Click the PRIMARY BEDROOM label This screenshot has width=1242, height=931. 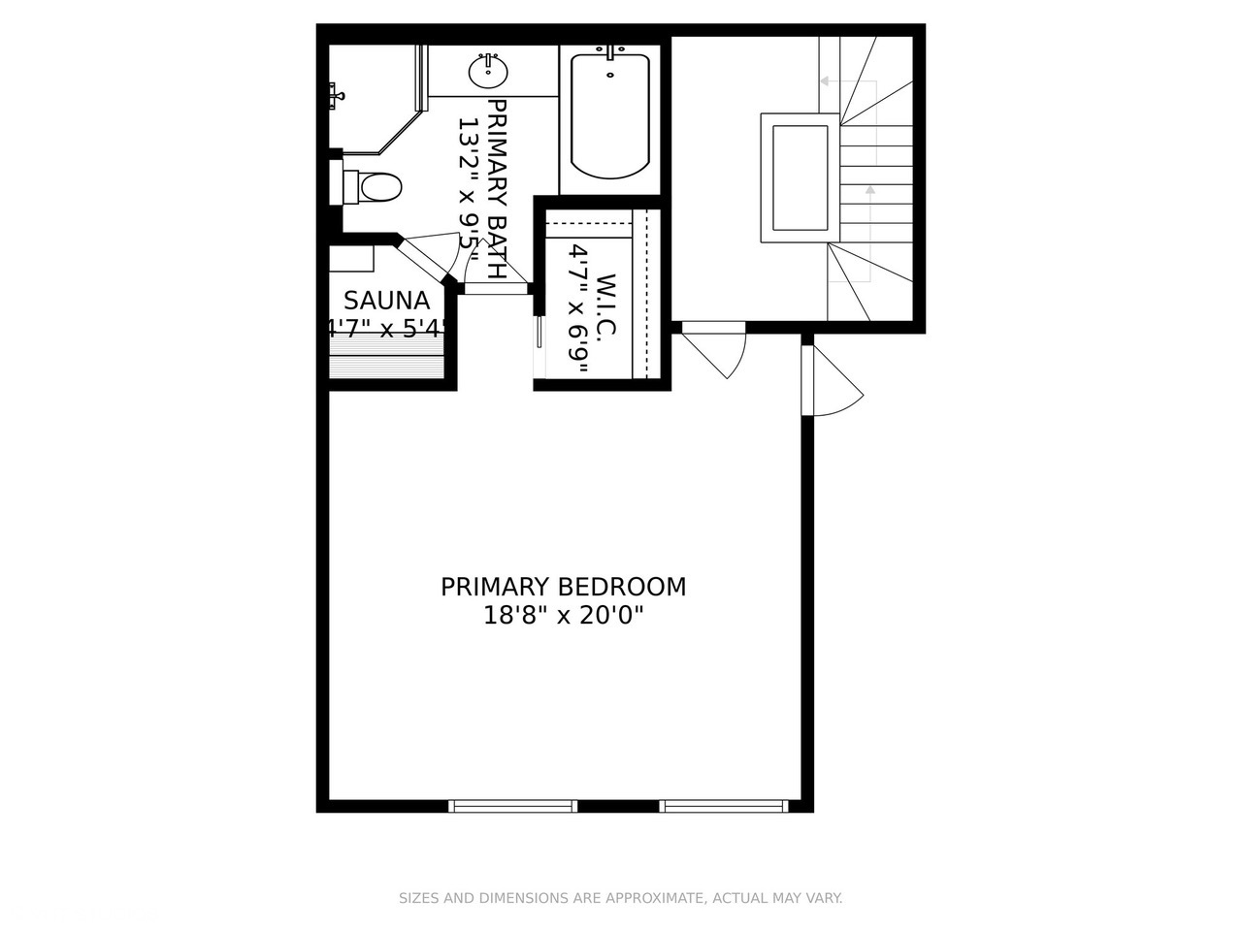[563, 587]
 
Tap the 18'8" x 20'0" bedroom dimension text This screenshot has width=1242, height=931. [563, 615]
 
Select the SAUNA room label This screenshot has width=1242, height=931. [386, 300]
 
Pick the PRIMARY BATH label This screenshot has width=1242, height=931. [497, 188]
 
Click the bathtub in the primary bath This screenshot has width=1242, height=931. [609, 114]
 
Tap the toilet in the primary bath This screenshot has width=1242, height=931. [372, 186]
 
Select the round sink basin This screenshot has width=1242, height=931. [489, 71]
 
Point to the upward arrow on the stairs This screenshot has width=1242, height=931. [870, 190]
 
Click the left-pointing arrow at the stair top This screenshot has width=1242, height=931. [825, 81]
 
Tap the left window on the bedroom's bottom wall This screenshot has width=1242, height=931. [512, 806]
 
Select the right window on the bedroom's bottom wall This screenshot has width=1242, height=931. [723, 806]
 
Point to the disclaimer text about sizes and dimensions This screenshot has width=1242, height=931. [621, 899]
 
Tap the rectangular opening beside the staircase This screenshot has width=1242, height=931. [800, 177]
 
